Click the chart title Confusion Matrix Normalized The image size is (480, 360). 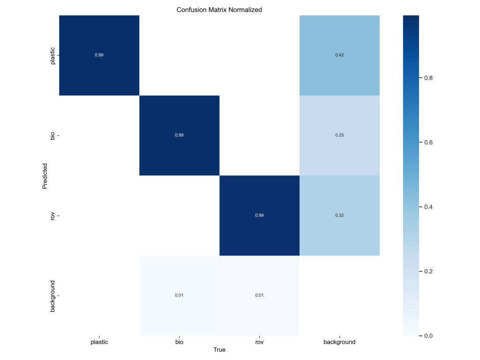coord(219,9)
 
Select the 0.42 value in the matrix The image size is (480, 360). coord(339,55)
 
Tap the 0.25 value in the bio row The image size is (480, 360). coord(339,135)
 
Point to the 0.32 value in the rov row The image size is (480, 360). coord(339,215)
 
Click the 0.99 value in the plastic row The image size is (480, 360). coord(99,55)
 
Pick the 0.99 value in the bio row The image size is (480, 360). coord(179,135)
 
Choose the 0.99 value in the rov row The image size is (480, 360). coord(259,215)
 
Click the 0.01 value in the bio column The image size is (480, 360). coord(179,295)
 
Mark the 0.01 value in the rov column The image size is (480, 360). coord(259,295)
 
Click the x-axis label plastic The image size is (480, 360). coord(99,342)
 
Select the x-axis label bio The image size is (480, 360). coord(179,342)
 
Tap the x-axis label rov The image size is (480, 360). coord(259,342)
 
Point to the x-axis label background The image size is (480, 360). coord(339,342)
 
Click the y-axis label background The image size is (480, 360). coord(52,296)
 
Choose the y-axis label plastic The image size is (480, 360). coord(52,55)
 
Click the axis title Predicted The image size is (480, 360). coord(45,176)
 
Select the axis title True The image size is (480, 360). coord(219,350)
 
